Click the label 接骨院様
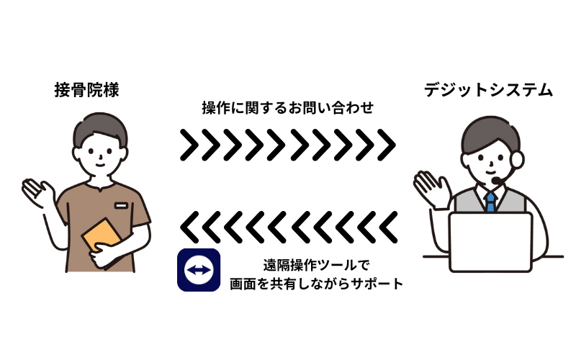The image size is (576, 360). [86, 90]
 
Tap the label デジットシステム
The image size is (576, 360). [488, 90]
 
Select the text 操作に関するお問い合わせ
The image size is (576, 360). [287, 109]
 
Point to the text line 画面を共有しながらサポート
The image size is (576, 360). [316, 284]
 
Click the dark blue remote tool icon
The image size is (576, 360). [198, 270]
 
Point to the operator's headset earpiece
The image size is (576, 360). [520, 157]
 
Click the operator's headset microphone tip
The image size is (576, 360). [495, 180]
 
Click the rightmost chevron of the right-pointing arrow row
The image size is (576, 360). [387, 145]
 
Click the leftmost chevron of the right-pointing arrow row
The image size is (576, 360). [189, 145]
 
